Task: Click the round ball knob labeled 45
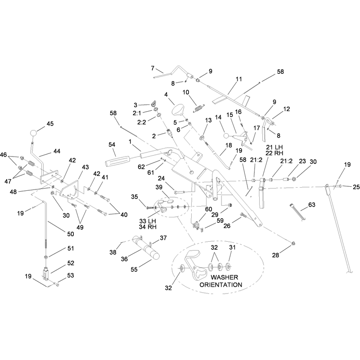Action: pyautogui.click(x=33, y=133)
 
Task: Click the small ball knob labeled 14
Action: pyautogui.click(x=226, y=136)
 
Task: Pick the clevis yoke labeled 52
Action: pyautogui.click(x=46, y=274)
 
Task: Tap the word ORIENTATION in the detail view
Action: pyautogui.click(x=220, y=285)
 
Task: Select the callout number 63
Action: pyautogui.click(x=311, y=205)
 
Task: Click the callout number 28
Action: pyautogui.click(x=275, y=255)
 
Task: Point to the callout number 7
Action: pyautogui.click(x=153, y=68)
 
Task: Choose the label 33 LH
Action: pyautogui.click(x=148, y=221)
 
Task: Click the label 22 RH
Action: pyautogui.click(x=274, y=153)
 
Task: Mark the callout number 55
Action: pyautogui.click(x=134, y=269)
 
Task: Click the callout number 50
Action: pyautogui.click(x=71, y=234)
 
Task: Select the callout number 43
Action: pyautogui.click(x=85, y=167)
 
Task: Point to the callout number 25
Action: pyautogui.click(x=356, y=187)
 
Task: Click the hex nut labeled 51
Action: pyautogui.click(x=46, y=256)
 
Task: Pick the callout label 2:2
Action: pyautogui.click(x=142, y=122)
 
